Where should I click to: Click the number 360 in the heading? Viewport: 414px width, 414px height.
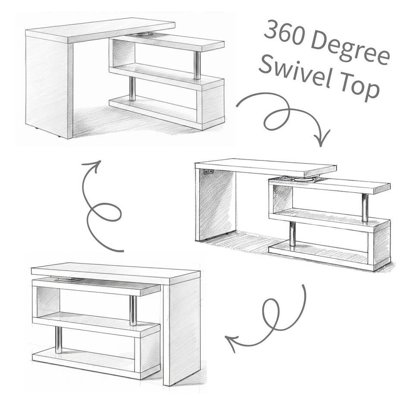(x=285, y=34)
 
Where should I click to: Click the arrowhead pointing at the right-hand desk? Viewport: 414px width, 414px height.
(x=321, y=138)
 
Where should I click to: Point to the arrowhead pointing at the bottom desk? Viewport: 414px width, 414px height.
(x=231, y=342)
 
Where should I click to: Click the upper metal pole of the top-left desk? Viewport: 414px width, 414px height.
(x=197, y=65)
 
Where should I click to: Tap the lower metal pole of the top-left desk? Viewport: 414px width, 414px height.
(x=132, y=89)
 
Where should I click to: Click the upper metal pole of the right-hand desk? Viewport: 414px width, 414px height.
(x=365, y=208)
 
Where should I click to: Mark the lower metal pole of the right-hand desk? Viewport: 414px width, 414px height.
(x=292, y=234)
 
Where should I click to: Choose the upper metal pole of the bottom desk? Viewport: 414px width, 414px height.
(x=133, y=310)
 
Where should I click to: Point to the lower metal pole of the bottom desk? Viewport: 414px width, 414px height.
(x=59, y=340)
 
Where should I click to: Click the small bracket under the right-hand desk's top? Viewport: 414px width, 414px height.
(x=209, y=172)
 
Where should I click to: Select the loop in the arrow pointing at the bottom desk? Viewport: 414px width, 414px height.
(x=271, y=315)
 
